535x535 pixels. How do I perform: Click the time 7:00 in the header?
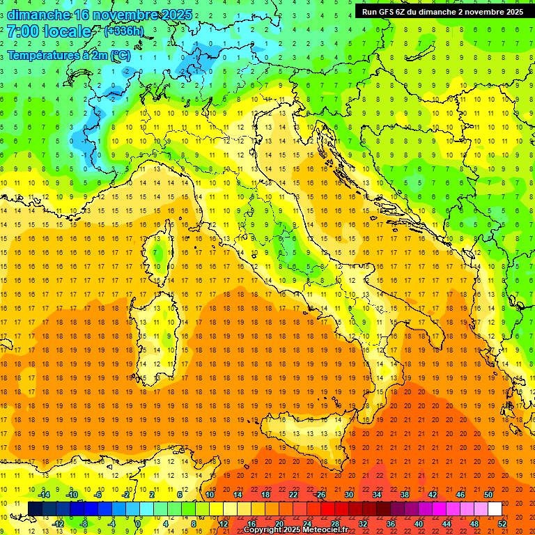[x=23, y=31]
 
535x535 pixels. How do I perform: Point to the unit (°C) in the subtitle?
[x=120, y=55]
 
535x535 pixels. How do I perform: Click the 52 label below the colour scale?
[x=502, y=524]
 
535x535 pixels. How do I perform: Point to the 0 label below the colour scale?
[x=138, y=524]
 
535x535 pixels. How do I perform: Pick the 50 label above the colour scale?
[x=488, y=495]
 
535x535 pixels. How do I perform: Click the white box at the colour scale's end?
[x=495, y=509]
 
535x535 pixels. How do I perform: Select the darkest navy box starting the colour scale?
[x=35, y=509]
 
